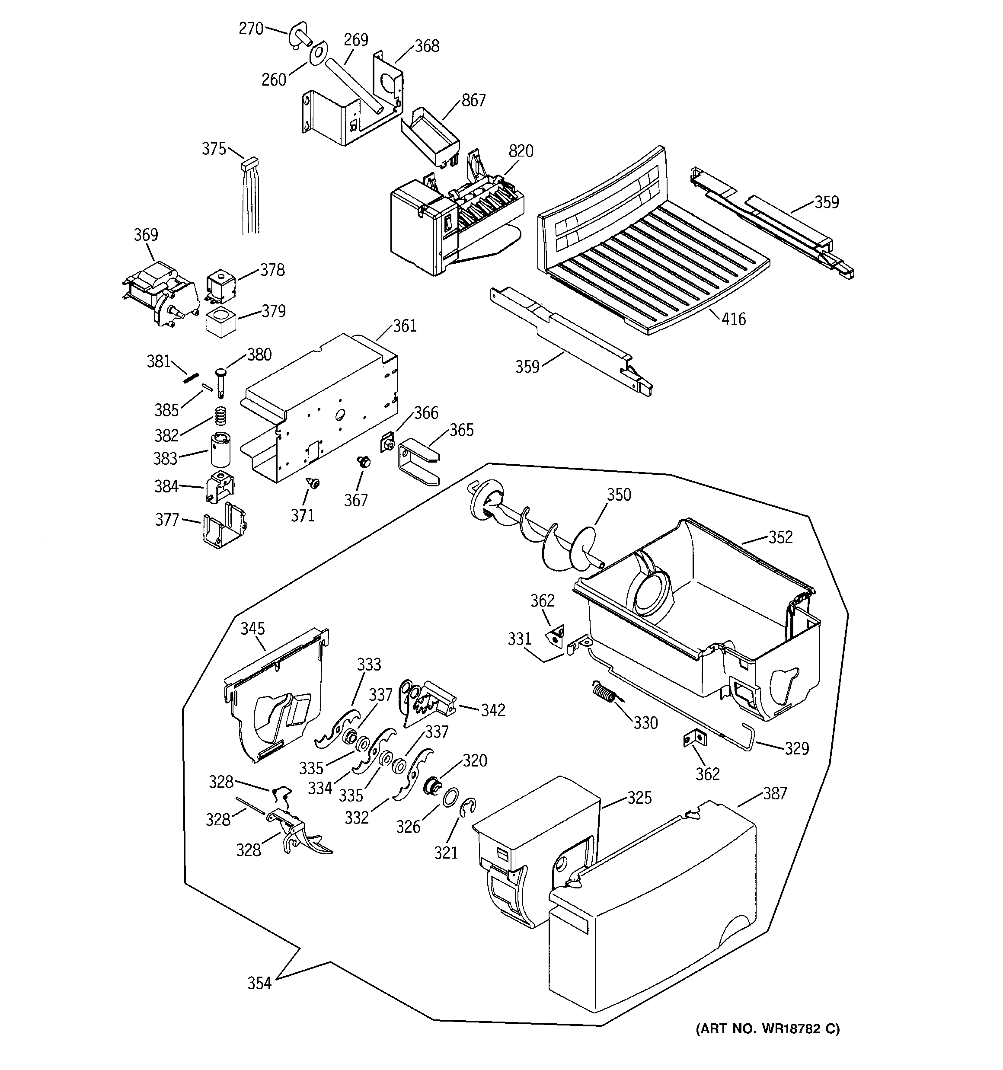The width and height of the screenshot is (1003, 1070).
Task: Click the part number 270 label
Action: pos(251,29)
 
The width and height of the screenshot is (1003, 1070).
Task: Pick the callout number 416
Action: pos(733,319)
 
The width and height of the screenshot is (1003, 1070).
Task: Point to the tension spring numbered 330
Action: pos(604,692)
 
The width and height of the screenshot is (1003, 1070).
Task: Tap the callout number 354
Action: pos(259,984)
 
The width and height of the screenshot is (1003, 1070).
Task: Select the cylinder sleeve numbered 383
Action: pos(220,449)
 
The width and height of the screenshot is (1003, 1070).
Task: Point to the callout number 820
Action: pos(521,151)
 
